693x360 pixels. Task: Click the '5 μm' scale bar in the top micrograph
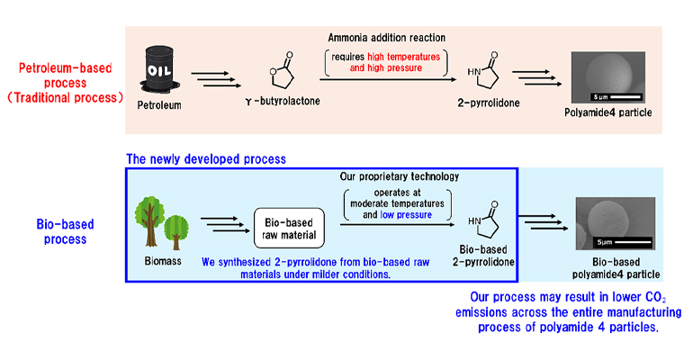click(609, 95)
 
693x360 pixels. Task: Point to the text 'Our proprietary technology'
click(397, 175)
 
